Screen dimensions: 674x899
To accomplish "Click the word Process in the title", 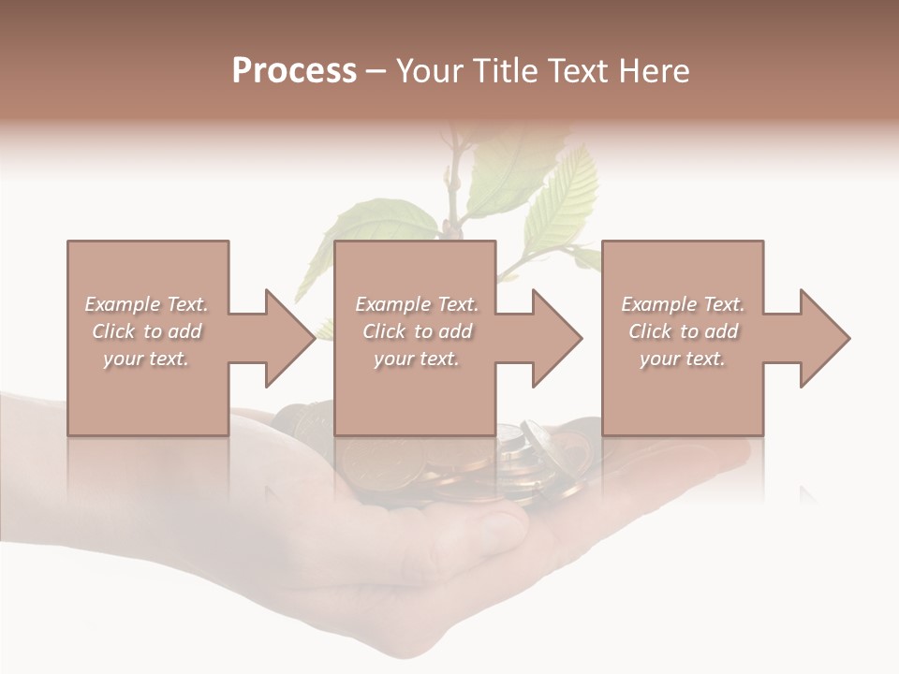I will (294, 71).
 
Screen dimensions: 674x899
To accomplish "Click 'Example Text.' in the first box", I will (146, 304).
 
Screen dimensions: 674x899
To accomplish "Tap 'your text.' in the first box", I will (146, 359).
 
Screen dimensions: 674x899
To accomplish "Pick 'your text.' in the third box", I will (683, 359).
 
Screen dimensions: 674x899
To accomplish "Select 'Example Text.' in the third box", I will (683, 304).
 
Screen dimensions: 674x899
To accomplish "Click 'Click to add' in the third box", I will (683, 331).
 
